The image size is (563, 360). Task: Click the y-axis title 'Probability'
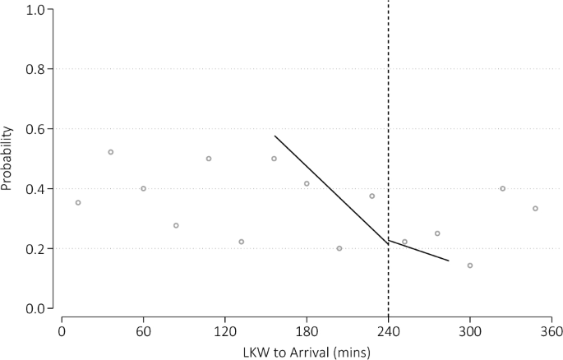(7, 159)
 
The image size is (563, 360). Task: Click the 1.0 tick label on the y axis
(35, 10)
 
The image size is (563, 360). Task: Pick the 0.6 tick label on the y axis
(35, 129)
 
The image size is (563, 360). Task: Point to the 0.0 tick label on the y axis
(35, 308)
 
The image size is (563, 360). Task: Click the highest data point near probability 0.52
(111, 152)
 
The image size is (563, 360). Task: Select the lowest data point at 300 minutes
(470, 265)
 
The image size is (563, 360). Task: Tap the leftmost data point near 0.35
(78, 202)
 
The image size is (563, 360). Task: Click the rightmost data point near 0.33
(535, 209)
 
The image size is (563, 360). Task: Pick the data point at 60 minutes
(143, 188)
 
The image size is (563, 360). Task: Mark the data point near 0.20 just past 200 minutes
(339, 248)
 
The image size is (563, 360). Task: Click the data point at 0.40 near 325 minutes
(503, 188)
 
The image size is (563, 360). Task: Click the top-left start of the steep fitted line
(275, 136)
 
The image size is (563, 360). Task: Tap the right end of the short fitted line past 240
(449, 261)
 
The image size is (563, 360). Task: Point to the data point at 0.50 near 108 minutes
(209, 159)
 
